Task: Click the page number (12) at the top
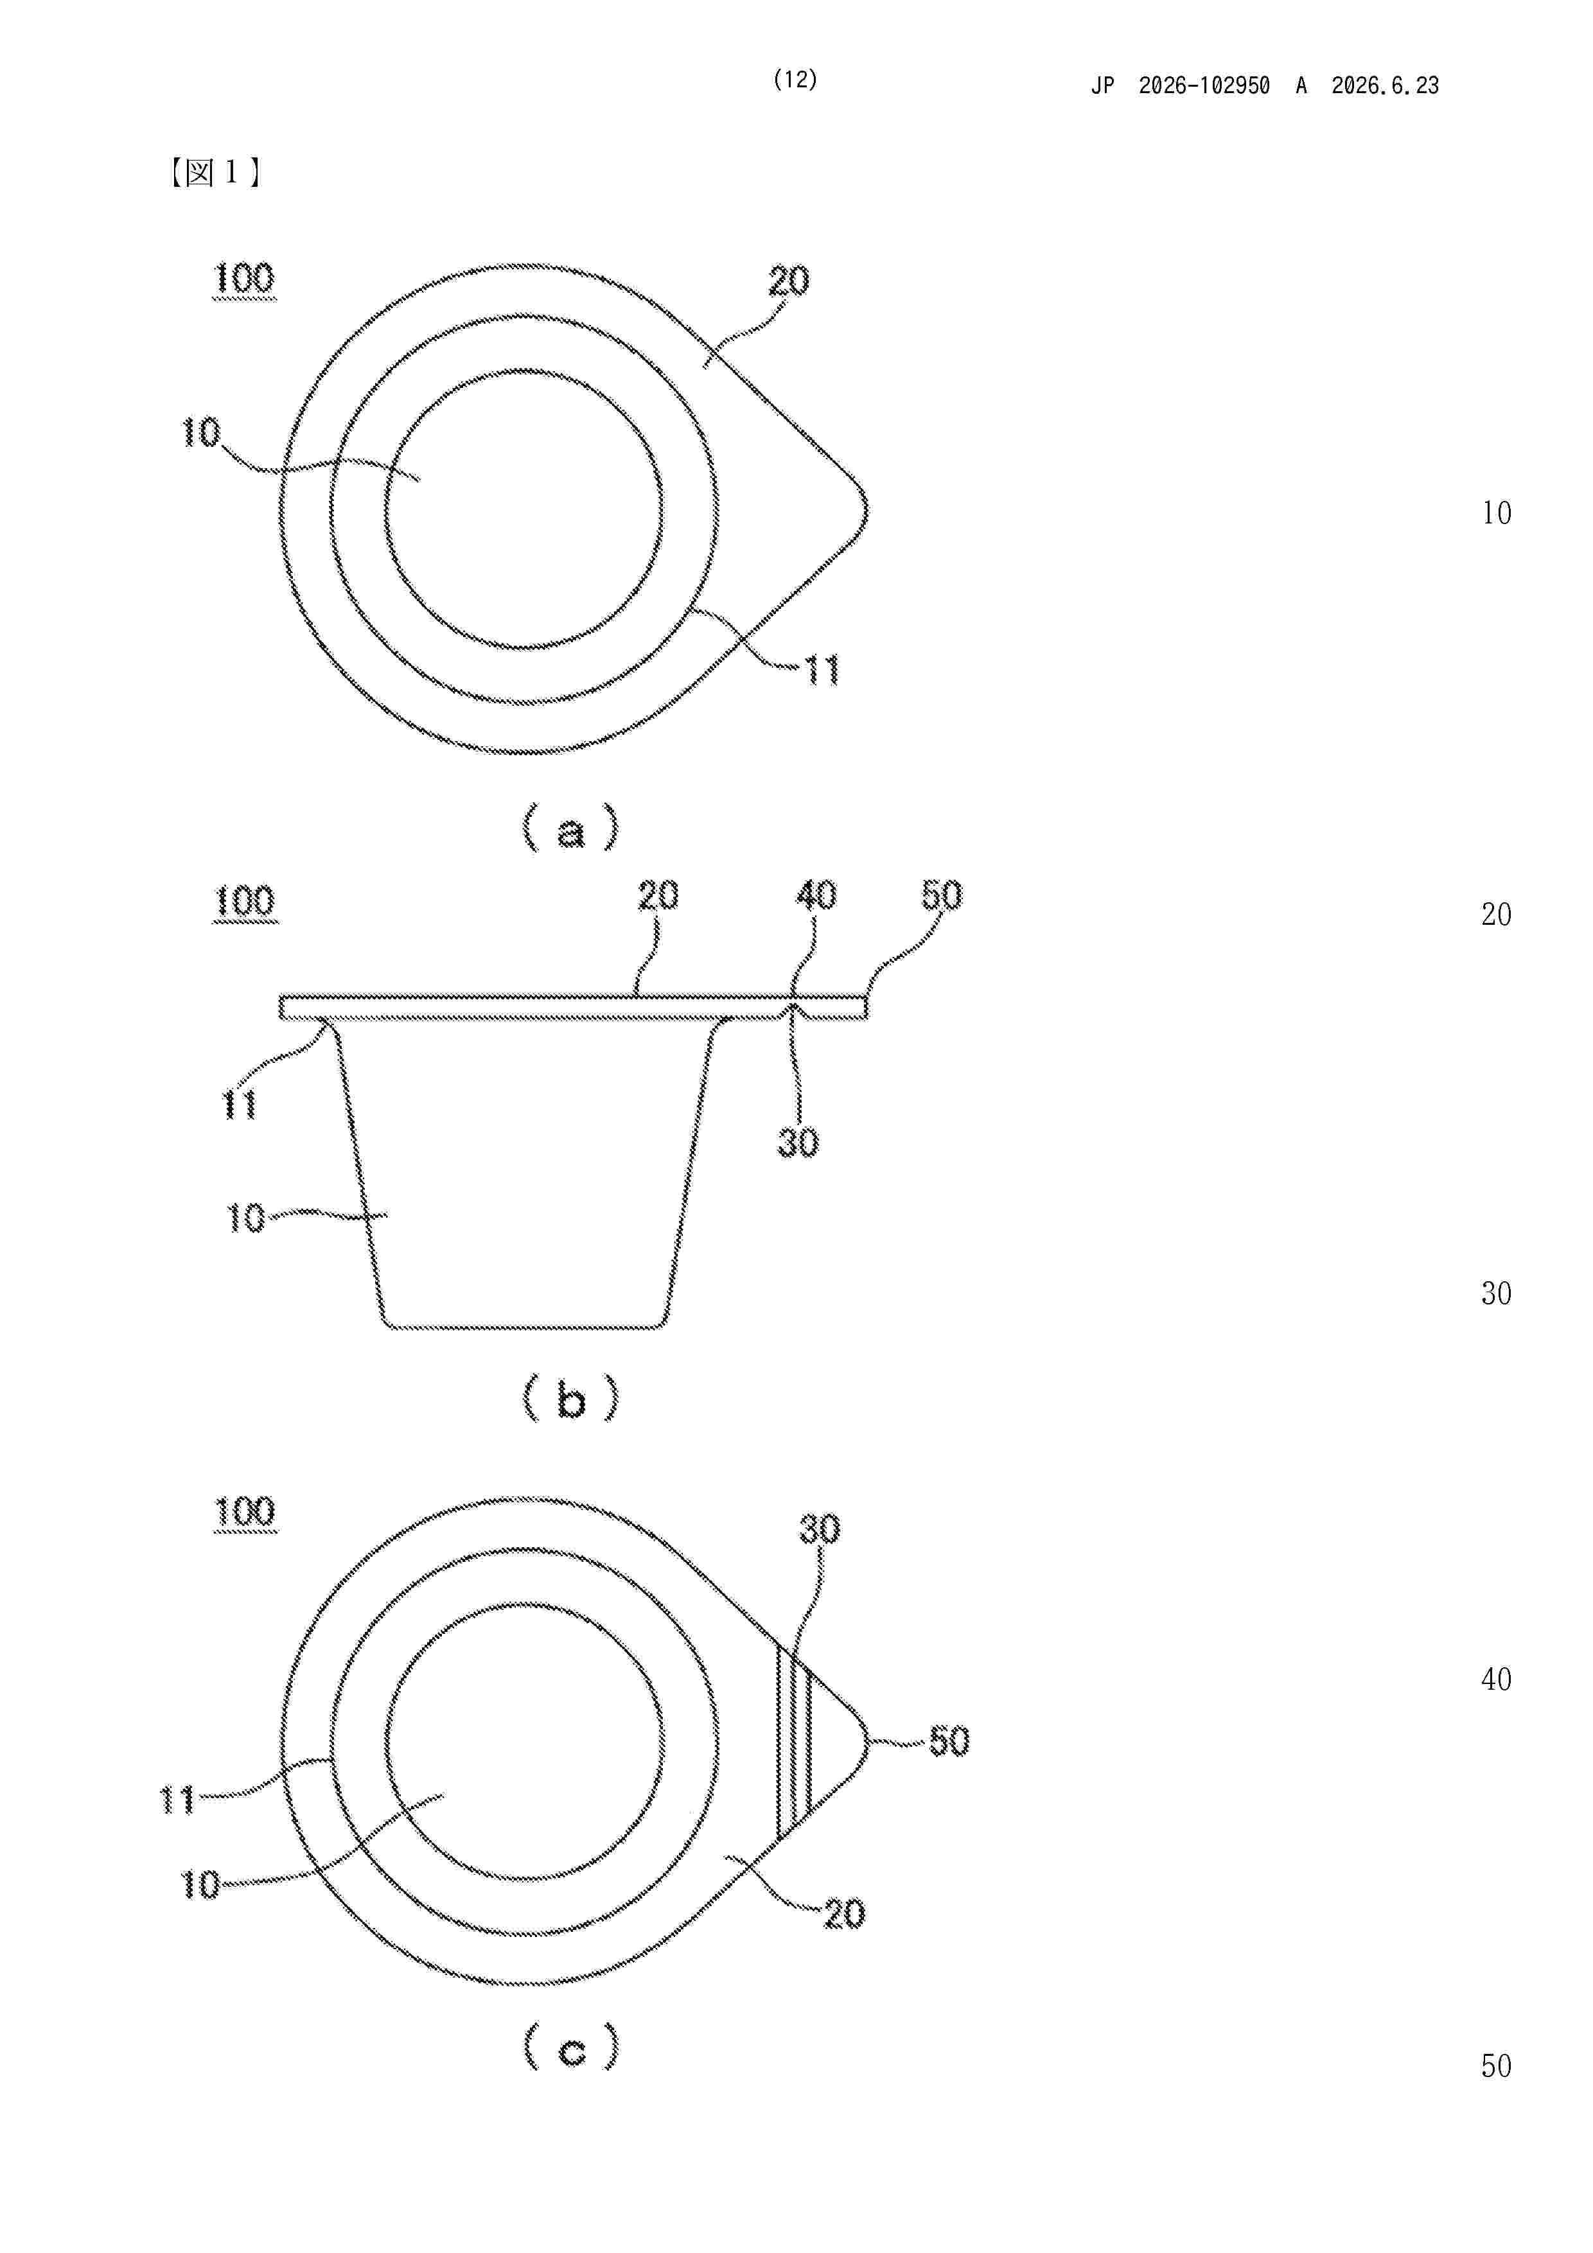coord(795,80)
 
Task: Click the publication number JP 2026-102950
coord(1180,85)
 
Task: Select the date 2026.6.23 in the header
coord(1385,85)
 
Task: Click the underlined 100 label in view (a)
coord(244,279)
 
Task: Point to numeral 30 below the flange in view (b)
coord(798,1142)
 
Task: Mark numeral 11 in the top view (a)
coord(822,671)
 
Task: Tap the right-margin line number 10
coord(1497,513)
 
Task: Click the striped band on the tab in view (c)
coord(794,1742)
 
